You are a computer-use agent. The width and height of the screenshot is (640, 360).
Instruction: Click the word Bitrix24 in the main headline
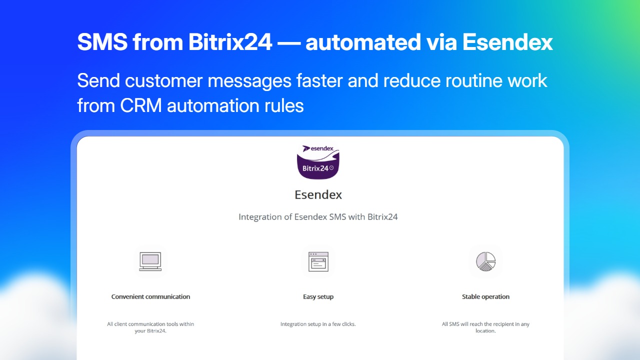coord(230,42)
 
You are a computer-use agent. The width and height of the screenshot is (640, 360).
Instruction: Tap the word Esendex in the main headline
coord(507,42)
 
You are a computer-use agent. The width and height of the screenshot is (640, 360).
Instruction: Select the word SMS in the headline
coord(102,42)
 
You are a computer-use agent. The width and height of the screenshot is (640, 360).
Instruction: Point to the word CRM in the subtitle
coord(141,105)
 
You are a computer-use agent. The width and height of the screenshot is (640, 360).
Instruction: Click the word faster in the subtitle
coord(319,80)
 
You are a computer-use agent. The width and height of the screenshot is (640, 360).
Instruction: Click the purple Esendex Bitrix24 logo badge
coord(318,161)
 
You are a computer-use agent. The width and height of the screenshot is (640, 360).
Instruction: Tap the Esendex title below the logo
coord(318,195)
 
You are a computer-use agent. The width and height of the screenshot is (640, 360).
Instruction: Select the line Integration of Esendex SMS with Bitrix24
coord(318,217)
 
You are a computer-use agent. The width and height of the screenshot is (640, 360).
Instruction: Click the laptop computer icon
coord(150,261)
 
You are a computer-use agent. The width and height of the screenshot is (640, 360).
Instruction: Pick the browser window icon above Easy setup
coord(318,261)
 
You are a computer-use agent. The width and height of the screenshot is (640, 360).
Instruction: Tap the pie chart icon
coord(485,261)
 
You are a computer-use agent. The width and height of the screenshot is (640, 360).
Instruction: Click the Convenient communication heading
coord(150,296)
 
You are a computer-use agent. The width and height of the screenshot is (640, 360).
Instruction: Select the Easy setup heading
coord(318,297)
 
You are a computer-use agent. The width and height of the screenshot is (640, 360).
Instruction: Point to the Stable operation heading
coord(485,297)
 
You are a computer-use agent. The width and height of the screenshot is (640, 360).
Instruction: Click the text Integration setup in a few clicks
coord(318,324)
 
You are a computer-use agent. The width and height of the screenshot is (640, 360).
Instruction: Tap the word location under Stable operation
coord(485,331)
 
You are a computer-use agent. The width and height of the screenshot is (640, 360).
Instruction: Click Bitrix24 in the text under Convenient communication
coord(156,331)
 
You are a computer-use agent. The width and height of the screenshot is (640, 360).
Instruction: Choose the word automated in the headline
coord(363,42)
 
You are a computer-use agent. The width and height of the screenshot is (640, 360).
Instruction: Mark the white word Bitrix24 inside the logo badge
coord(315,168)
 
